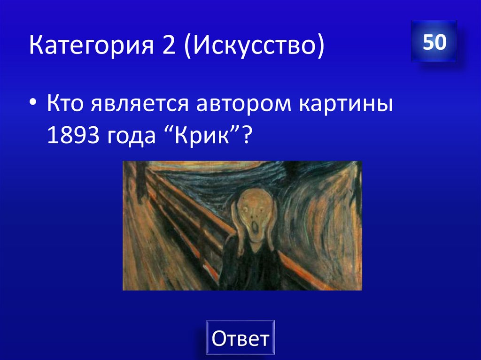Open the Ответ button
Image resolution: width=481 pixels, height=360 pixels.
(240, 338)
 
